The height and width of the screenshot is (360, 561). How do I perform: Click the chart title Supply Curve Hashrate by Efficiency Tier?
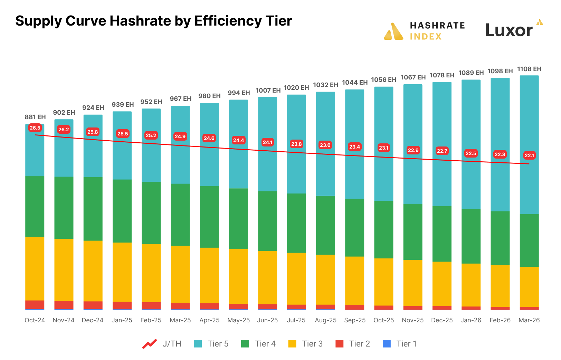point(153,21)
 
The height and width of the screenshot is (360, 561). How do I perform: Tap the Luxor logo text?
point(509,30)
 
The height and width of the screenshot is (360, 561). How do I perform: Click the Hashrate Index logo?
point(425,31)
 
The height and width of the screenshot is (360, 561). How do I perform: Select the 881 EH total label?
point(35,117)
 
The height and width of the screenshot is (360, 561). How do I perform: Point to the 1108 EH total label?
point(529,69)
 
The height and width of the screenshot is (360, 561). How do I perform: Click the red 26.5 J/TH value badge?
point(35,128)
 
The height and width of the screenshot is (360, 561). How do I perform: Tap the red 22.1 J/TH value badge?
point(529,155)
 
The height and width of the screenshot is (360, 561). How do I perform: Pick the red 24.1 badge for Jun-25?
point(267,142)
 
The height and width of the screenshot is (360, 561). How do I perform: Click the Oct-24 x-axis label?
point(35,320)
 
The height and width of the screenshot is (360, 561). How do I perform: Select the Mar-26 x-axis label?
point(529,320)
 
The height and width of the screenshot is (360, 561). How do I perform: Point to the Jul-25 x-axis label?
point(296,320)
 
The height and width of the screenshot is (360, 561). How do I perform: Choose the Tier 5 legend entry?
point(211,344)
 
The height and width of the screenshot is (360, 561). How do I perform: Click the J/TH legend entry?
point(162,344)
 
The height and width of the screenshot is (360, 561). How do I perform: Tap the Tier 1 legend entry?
point(400,344)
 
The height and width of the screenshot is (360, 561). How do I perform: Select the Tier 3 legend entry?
point(305,344)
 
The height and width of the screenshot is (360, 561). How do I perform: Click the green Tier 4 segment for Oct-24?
point(35,207)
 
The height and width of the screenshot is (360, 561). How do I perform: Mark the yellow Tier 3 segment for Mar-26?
point(529,287)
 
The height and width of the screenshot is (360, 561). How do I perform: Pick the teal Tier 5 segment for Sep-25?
point(354,144)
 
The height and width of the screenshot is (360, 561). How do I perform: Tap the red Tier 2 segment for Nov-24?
point(64,304)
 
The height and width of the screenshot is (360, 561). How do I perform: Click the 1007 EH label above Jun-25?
point(268,91)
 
